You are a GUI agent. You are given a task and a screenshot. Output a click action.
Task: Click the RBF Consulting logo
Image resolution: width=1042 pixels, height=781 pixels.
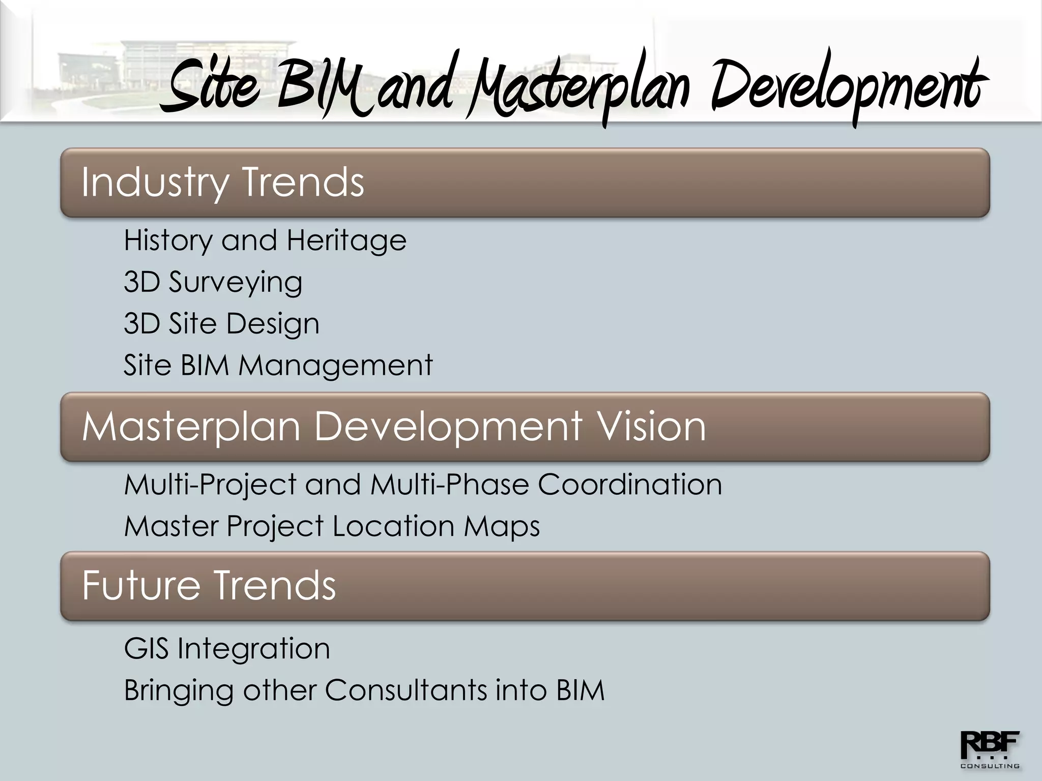pyautogui.click(x=989, y=749)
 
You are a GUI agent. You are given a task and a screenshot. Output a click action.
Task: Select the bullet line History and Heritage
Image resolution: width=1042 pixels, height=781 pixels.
pyautogui.click(x=265, y=240)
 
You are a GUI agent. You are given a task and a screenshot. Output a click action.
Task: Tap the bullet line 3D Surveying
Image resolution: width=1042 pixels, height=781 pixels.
pyautogui.click(x=213, y=282)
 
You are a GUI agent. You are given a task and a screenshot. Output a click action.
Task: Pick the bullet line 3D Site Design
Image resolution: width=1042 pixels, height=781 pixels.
pyautogui.click(x=221, y=323)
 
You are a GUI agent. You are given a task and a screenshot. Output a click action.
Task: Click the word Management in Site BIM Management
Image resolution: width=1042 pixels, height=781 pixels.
pyautogui.click(x=335, y=365)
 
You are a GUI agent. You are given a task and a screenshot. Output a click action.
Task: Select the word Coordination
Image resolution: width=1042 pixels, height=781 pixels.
pyautogui.click(x=630, y=484)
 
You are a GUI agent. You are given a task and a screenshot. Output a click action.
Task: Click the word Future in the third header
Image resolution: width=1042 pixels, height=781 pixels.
pyautogui.click(x=141, y=585)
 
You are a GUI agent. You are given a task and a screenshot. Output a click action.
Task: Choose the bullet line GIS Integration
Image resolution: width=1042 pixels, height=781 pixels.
pyautogui.click(x=227, y=649)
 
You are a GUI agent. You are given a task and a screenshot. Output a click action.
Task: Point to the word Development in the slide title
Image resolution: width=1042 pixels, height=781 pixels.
pyautogui.click(x=847, y=86)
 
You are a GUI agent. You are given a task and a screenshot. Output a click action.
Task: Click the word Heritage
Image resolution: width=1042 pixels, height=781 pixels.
pyautogui.click(x=346, y=240)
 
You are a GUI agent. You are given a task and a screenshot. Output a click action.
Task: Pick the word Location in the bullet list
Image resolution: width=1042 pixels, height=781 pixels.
pyautogui.click(x=393, y=526)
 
